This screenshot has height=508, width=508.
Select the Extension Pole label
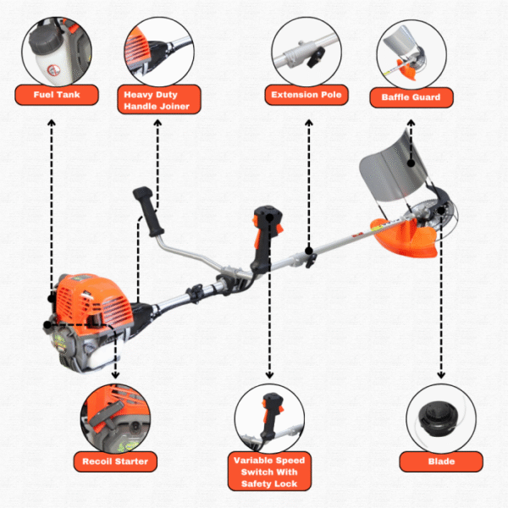(x=306, y=94)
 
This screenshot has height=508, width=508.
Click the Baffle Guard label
(x=411, y=97)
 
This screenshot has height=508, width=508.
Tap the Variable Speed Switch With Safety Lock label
(x=268, y=472)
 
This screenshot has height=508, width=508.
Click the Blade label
(x=440, y=461)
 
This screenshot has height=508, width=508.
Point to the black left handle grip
(x=152, y=217)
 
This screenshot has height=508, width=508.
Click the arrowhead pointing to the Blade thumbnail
(x=440, y=378)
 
